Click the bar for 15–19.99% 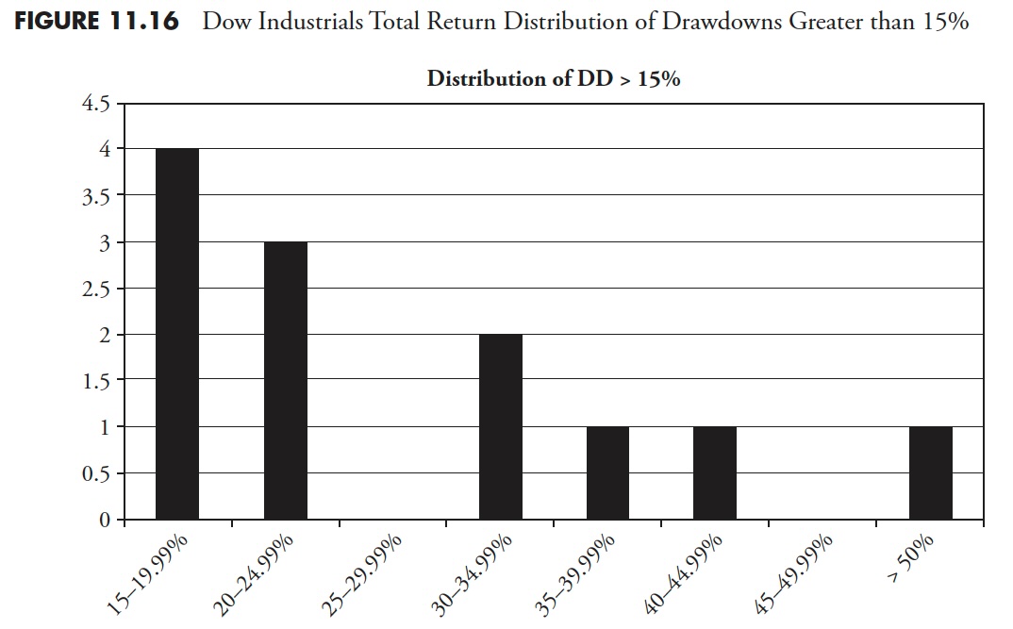pos(177,334)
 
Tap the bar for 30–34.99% pos(501,426)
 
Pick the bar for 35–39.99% pos(607,472)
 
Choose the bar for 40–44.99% pos(715,472)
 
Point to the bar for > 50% pos(930,472)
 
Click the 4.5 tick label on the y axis pos(97,104)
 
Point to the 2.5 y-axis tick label pos(97,289)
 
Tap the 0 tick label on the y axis pos(105,520)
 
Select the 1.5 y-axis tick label pos(97,381)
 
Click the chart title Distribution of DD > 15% pos(554,79)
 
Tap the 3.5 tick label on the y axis pos(97,196)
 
